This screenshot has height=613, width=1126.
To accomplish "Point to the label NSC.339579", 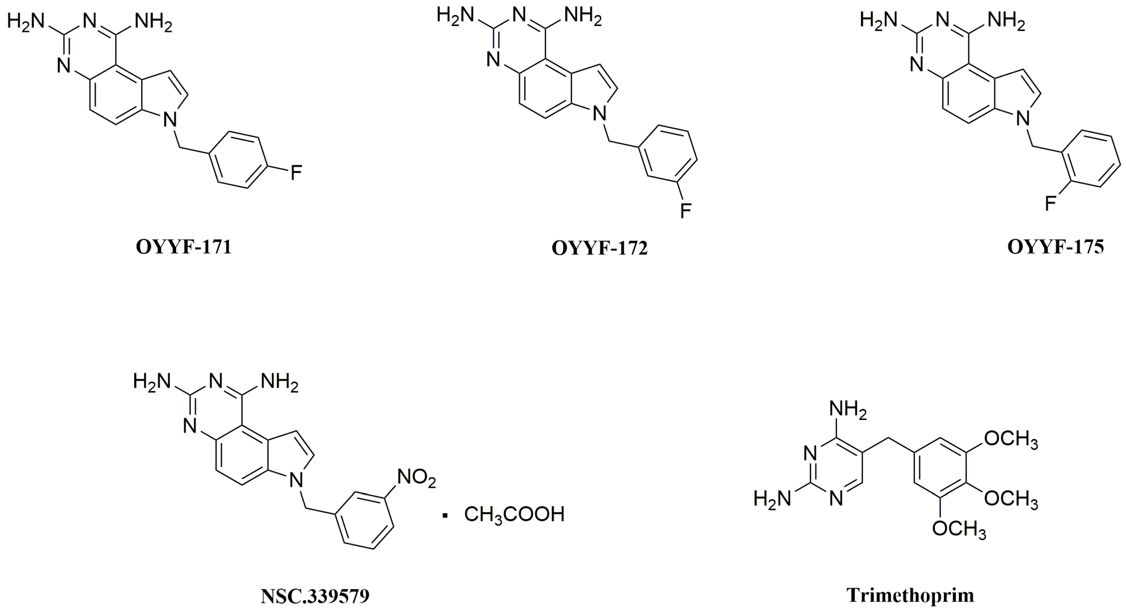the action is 315,596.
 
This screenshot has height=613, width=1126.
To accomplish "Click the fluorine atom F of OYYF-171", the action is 296,173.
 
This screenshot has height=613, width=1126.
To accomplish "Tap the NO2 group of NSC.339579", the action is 416,478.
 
